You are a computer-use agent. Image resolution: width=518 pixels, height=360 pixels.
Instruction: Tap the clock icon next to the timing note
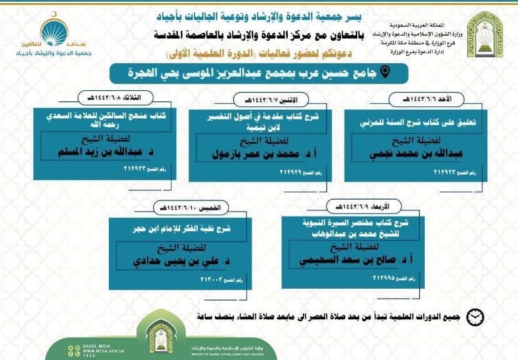[x=476, y=317]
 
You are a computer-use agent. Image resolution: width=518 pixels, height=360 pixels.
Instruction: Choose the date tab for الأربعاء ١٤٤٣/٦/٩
[x=359, y=206]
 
